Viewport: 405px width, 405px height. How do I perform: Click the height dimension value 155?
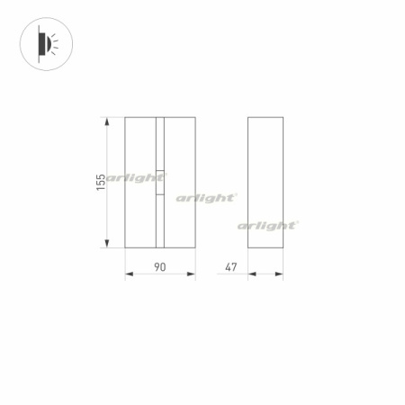point(101,182)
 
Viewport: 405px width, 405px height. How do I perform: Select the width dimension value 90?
point(159,266)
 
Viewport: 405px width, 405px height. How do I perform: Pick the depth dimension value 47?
point(231,266)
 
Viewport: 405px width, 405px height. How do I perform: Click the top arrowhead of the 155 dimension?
point(109,120)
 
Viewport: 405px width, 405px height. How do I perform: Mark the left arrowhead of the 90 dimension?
point(128,275)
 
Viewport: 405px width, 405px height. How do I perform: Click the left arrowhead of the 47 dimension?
point(251,275)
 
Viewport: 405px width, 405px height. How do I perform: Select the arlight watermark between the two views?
point(206,196)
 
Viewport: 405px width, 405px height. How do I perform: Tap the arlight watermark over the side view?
point(267,225)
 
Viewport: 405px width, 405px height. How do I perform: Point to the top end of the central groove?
point(161,118)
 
